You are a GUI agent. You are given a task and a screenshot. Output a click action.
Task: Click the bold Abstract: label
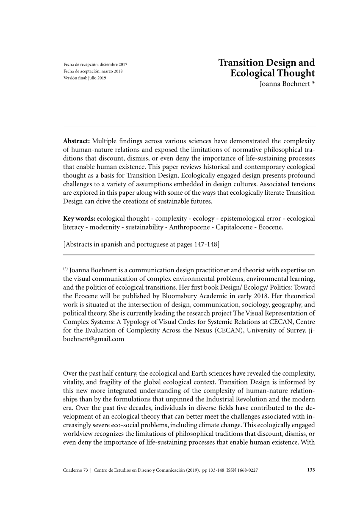click(x=76, y=141)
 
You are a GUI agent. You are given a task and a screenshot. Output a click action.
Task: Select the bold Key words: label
click(x=79, y=219)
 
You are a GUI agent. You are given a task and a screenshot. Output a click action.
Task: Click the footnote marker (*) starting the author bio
click(x=65, y=269)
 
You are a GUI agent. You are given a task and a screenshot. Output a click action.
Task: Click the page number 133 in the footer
click(x=310, y=470)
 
